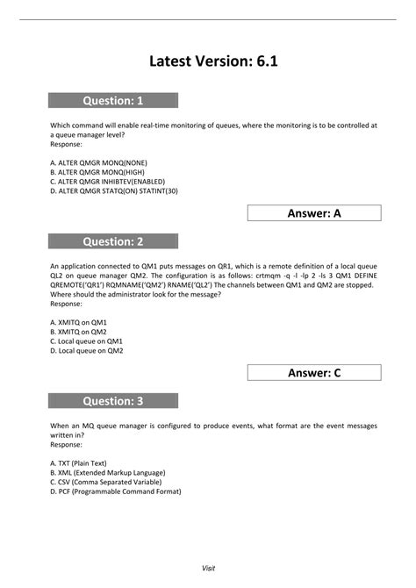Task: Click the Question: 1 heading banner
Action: point(113,100)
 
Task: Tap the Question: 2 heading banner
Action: point(113,241)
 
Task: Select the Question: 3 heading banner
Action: point(113,401)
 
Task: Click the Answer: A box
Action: point(314,212)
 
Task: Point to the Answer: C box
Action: point(314,372)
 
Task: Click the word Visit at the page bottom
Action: point(208,568)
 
